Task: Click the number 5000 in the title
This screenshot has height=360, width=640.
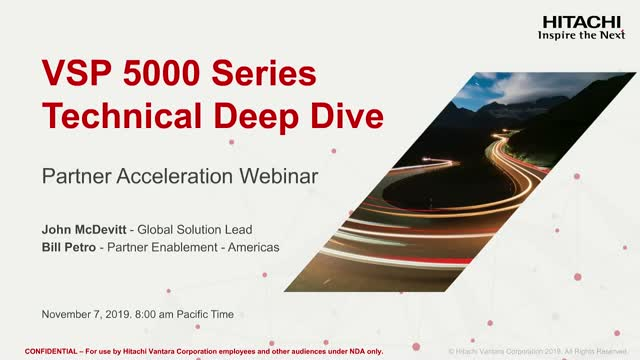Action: pos(153,74)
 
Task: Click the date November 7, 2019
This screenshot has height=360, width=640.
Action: pos(86,314)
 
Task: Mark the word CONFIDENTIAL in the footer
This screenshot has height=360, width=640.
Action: pos(50,351)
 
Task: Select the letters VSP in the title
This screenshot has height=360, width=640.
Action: pos(72,74)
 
